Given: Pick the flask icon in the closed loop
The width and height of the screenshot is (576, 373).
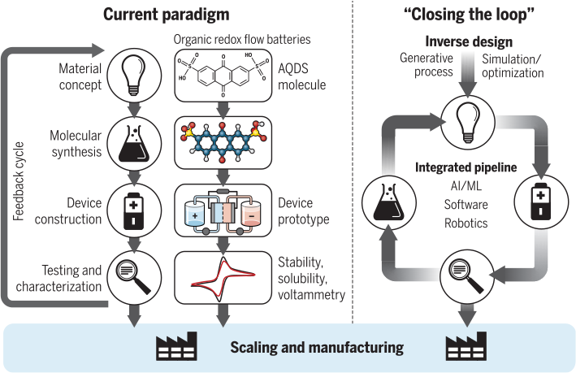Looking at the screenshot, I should [391, 202].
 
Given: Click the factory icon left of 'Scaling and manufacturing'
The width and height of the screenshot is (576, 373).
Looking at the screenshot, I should [178, 348].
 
